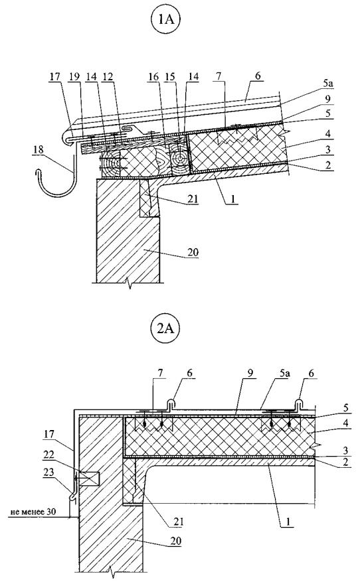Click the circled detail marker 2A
pos(165,329)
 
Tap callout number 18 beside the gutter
pos(39,150)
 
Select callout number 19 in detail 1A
pos(74,77)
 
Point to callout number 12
pos(108,77)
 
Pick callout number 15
pos(170,77)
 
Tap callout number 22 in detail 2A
pos(49,455)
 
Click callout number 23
pos(49,473)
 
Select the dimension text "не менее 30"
pos(33,511)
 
